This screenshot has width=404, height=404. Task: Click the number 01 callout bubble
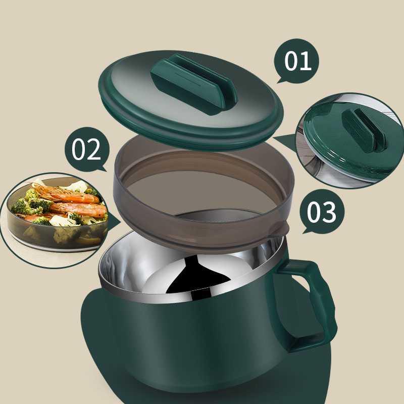pyautogui.click(x=296, y=61)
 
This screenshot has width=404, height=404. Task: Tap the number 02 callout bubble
pyautogui.click(x=87, y=149)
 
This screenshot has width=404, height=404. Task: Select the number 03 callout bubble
pyautogui.click(x=322, y=211)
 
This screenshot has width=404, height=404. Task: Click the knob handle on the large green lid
pyautogui.click(x=194, y=84)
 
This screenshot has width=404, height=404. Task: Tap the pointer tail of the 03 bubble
pyautogui.click(x=307, y=231)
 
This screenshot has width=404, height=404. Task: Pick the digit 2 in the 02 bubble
pyautogui.click(x=94, y=149)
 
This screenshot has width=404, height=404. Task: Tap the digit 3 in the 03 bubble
pyautogui.click(x=329, y=212)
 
